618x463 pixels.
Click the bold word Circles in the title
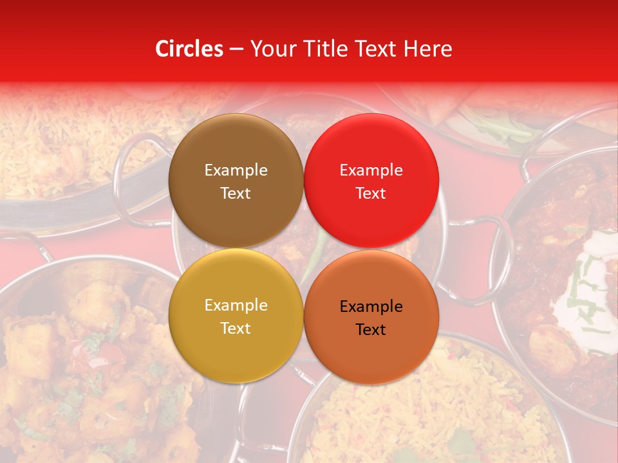coord(189,49)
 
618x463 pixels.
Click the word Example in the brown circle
coord(236,170)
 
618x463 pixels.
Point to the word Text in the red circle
coord(371,194)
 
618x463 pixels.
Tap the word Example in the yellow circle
coord(236,305)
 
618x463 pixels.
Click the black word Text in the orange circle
coord(371,330)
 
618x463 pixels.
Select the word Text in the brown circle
coord(236,194)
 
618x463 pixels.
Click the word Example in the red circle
coord(371,170)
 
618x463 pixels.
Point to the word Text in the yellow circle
coord(236,329)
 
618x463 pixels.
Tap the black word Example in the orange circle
coord(371,307)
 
